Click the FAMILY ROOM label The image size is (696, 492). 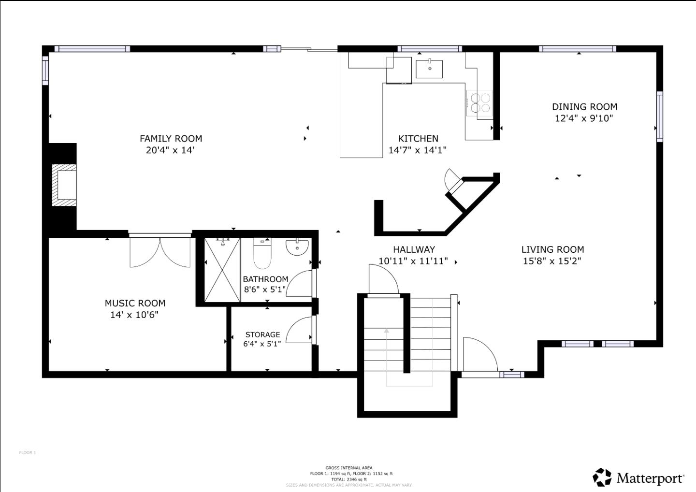(171, 139)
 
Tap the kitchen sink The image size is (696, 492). (429, 69)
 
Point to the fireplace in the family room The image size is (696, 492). (64, 185)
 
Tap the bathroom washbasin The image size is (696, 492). (297, 247)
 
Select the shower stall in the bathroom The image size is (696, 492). (222, 270)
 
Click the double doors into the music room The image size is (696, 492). (160, 251)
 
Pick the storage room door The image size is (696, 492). (300, 331)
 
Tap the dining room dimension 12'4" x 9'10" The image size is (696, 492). (584, 118)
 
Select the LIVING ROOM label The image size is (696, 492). (552, 249)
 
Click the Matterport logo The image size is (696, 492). (638, 478)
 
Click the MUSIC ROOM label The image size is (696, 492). (135, 303)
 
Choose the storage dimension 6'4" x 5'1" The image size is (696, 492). (262, 344)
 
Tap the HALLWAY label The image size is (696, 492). (414, 249)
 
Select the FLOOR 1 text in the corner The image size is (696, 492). (28, 453)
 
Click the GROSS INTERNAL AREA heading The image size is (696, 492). (348, 468)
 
